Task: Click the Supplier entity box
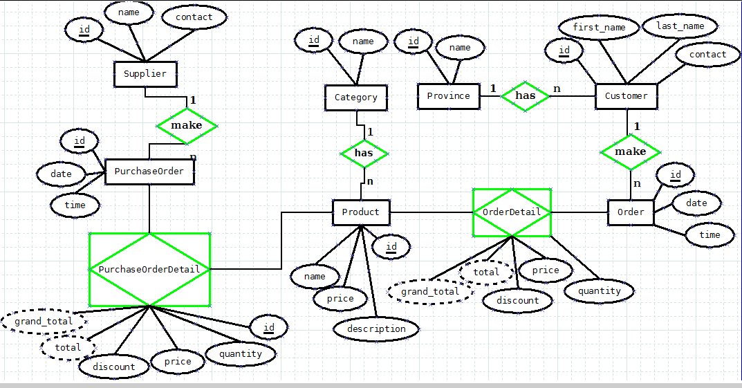(145, 73)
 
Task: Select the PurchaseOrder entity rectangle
(149, 172)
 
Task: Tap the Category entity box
(356, 98)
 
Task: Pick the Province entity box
(448, 96)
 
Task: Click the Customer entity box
(627, 96)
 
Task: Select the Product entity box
(361, 212)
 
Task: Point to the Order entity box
(630, 212)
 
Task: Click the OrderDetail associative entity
(512, 212)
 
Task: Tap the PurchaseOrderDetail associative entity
(149, 269)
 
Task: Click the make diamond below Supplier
(187, 125)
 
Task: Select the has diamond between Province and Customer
(526, 96)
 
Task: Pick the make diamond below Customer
(630, 151)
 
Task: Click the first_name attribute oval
(599, 28)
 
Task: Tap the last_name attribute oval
(674, 26)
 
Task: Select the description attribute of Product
(375, 329)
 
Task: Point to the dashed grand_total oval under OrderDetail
(430, 292)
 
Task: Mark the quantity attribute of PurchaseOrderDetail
(240, 354)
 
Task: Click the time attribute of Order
(709, 235)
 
